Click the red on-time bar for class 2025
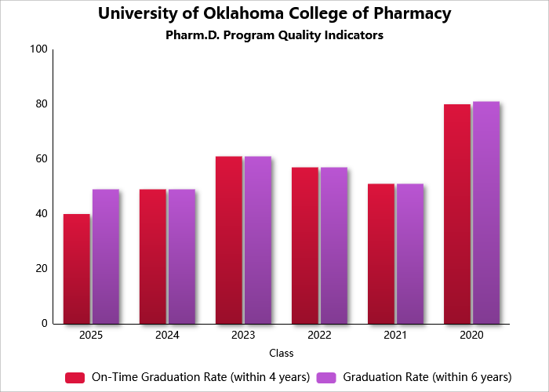tap(77, 269)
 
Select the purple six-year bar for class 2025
tap(105, 256)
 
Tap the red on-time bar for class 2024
tap(153, 256)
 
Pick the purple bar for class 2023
tap(257, 240)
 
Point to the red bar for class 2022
tap(305, 245)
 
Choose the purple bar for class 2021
tap(409, 253)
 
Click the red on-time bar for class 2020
tap(457, 214)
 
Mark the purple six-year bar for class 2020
tap(485, 212)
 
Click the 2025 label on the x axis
tap(91, 335)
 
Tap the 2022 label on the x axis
tap(319, 335)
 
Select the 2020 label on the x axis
tap(471, 335)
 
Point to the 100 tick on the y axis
tap(38, 49)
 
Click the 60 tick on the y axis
tap(41, 159)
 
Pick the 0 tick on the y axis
tap(45, 324)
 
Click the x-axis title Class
tap(281, 354)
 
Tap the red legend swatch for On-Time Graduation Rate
tap(75, 377)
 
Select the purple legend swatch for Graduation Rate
tap(326, 377)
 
